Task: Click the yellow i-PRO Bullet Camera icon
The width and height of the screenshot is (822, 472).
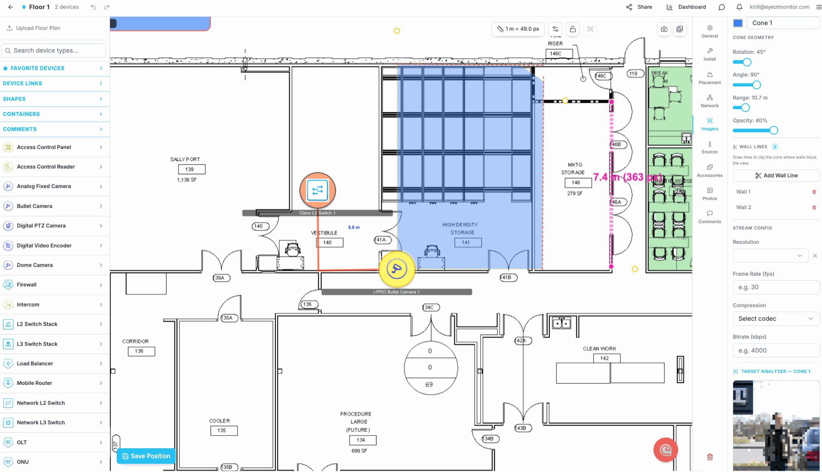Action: point(397,269)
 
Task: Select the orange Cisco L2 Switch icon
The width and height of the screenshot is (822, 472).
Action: point(317,190)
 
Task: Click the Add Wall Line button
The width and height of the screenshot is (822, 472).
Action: point(776,175)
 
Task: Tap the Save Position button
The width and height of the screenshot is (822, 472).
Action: point(146,456)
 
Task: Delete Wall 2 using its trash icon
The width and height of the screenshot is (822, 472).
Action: point(814,208)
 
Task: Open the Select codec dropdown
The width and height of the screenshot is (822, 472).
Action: point(776,319)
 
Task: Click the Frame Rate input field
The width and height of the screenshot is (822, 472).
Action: point(776,287)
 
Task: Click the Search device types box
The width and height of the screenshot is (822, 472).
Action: point(54,51)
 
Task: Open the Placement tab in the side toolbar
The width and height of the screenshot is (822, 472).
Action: point(710,78)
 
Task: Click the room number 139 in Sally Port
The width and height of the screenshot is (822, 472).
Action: point(189,169)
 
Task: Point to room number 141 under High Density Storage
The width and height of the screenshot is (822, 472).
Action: point(466,242)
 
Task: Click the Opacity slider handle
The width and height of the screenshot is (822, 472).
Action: point(773,130)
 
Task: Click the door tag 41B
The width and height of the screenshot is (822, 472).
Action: point(507,277)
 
